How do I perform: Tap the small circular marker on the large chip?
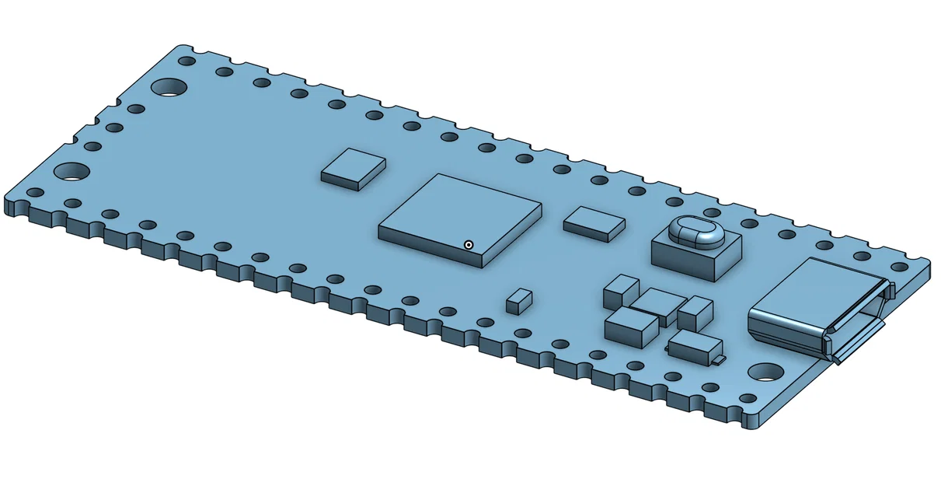tap(469, 245)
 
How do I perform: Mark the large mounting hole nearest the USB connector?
tap(765, 372)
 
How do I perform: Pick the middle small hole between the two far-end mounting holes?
tap(114, 128)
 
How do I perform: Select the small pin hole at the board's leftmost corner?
tap(35, 192)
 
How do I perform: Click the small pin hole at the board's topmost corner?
tap(186, 61)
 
